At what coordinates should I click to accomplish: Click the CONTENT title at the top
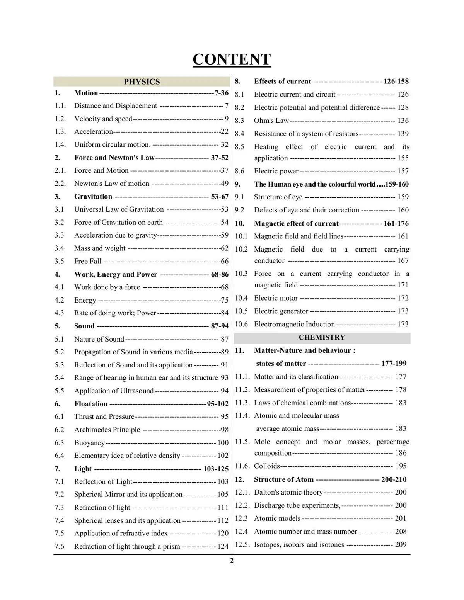pyautogui.click(x=232, y=59)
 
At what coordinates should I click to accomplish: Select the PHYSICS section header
pyautogui.click(x=142, y=82)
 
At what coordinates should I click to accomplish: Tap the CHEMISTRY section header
pyautogui.click(x=322, y=337)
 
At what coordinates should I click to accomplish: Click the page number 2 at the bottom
pyautogui.click(x=232, y=561)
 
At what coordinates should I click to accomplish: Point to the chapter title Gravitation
pyautogui.click(x=93, y=197)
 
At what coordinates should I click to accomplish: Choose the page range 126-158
pyautogui.click(x=396, y=81)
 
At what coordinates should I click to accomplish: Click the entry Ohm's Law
pyautogui.click(x=271, y=121)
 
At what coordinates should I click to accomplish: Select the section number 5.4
pyautogui.click(x=59, y=378)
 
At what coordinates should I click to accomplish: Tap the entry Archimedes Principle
pyautogui.click(x=107, y=430)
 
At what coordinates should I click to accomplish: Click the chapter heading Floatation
pyautogui.click(x=90, y=404)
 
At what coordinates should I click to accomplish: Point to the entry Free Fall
pyautogui.click(x=87, y=261)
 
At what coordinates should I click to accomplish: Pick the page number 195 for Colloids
pyautogui.click(x=401, y=466)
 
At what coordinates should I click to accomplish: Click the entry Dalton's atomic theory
pyautogui.click(x=288, y=492)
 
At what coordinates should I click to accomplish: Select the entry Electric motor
pyautogui.click(x=276, y=298)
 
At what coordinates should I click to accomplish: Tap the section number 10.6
pyautogui.click(x=241, y=324)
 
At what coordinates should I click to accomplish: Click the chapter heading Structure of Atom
pyautogui.click(x=283, y=479)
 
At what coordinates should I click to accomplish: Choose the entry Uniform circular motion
pyautogui.click(x=112, y=144)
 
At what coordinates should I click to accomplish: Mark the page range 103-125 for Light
pyautogui.click(x=216, y=469)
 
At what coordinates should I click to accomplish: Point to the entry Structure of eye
pyautogui.click(x=278, y=197)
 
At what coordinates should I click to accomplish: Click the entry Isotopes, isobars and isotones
pyautogui.click(x=299, y=544)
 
